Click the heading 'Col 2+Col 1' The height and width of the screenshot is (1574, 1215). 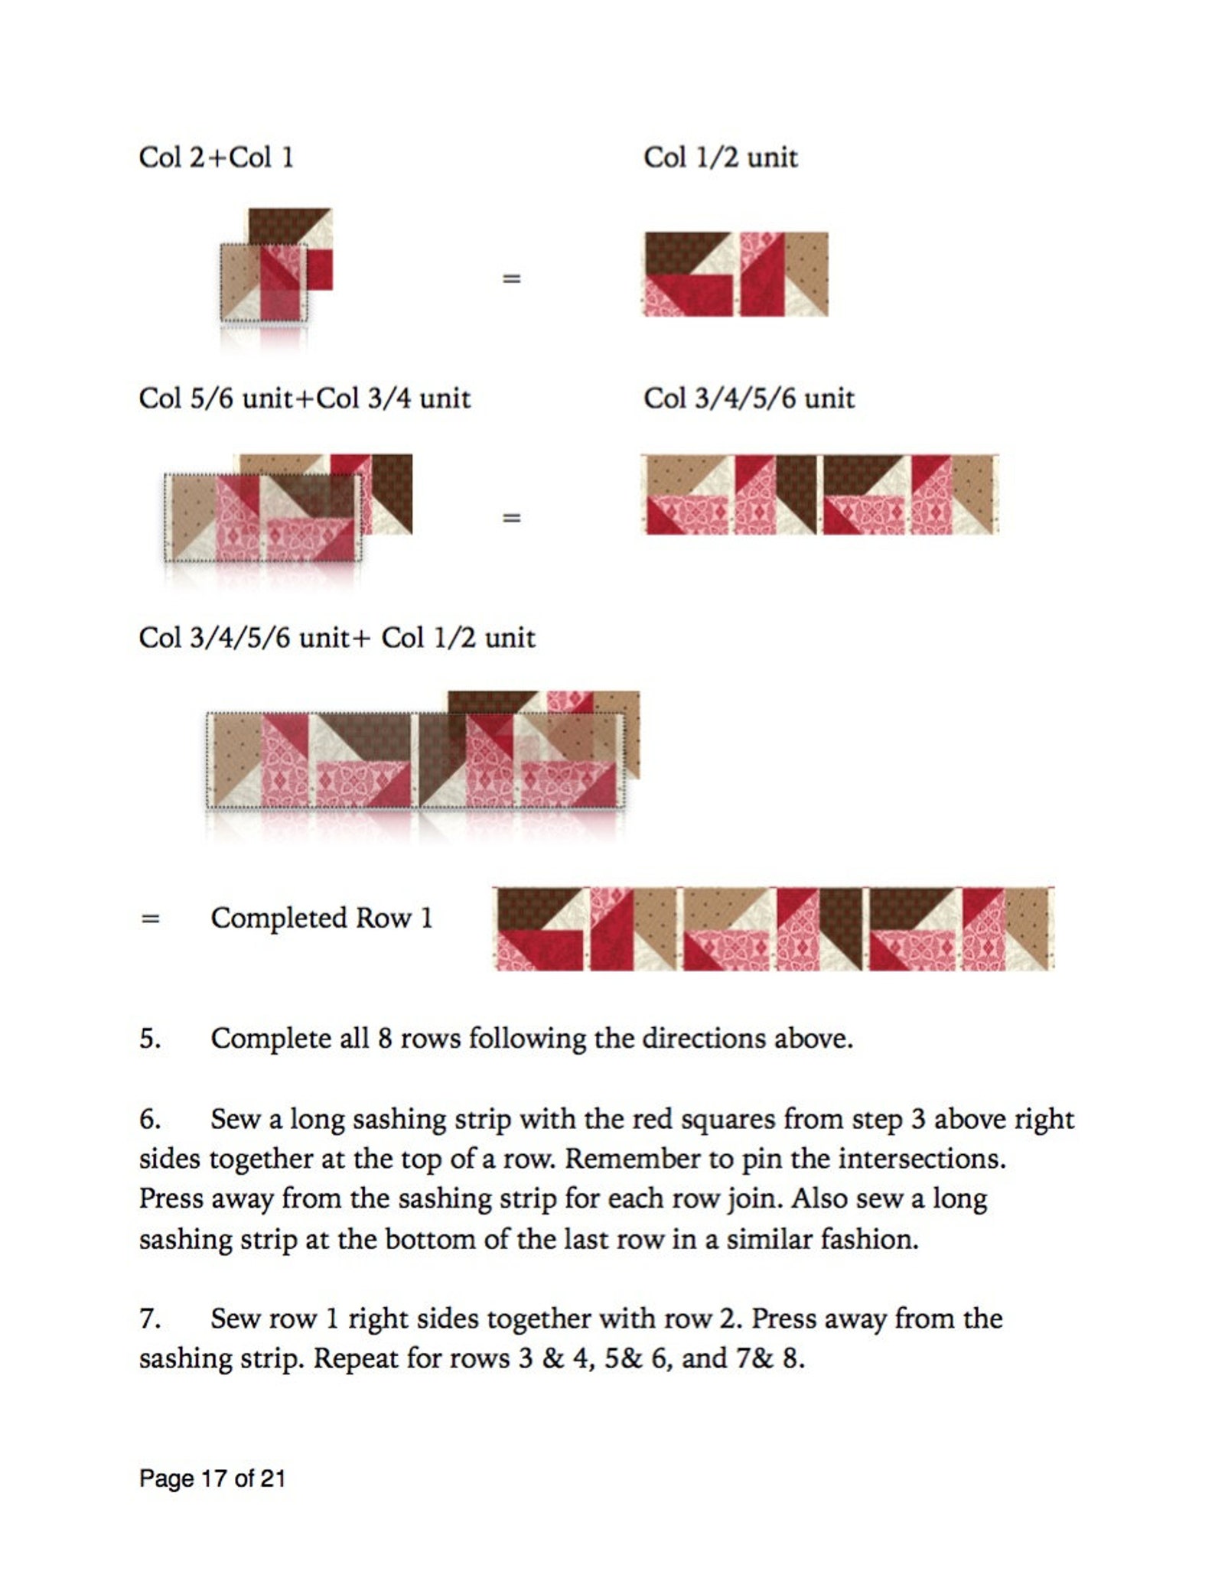tap(216, 158)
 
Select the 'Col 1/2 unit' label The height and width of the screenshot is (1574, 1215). tap(720, 158)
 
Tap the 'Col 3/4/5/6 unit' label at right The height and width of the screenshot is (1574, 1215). tap(748, 398)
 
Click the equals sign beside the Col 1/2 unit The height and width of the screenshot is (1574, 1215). tap(511, 278)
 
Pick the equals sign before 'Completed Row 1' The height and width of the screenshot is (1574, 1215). tap(150, 918)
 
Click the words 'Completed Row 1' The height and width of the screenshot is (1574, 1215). tap(321, 918)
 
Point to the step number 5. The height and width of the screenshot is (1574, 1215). tap(149, 1039)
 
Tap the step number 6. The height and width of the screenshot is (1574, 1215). tap(149, 1119)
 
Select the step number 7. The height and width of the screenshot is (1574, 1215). tap(148, 1319)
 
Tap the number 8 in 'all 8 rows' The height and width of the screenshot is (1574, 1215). tap(385, 1039)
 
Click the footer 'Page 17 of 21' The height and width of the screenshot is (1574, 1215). tap(212, 1478)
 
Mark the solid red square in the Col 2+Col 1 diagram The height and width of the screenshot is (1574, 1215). tap(321, 269)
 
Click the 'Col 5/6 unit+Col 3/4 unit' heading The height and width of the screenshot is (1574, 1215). tap(304, 398)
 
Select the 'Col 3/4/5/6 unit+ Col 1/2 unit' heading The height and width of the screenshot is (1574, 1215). tap(337, 638)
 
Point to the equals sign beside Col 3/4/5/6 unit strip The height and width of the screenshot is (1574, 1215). tap(511, 518)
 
